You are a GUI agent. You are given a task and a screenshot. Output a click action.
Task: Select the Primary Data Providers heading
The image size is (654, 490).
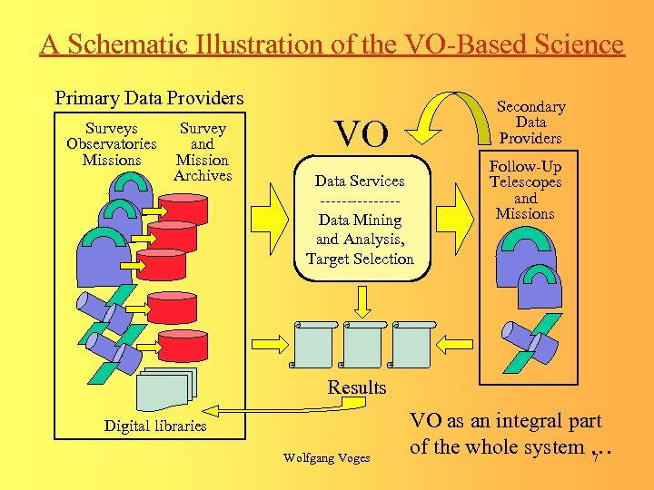pos(149,97)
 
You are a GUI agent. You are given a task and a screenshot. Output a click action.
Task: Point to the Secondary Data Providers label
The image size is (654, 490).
pos(530,122)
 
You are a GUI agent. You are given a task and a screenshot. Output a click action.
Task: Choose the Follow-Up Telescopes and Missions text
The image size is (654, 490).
pos(525,191)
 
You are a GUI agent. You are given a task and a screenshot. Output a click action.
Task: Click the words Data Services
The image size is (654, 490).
pos(360,181)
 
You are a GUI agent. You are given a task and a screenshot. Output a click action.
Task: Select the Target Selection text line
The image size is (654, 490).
pos(360,259)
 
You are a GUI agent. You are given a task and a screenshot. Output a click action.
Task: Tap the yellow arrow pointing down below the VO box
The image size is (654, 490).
pos(362,300)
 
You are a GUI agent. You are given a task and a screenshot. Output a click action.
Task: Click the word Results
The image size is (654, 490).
pos(357,387)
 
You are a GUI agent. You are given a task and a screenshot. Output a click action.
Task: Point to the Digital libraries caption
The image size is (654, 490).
pos(155,426)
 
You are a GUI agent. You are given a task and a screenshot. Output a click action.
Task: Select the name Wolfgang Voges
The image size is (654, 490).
pos(327,458)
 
